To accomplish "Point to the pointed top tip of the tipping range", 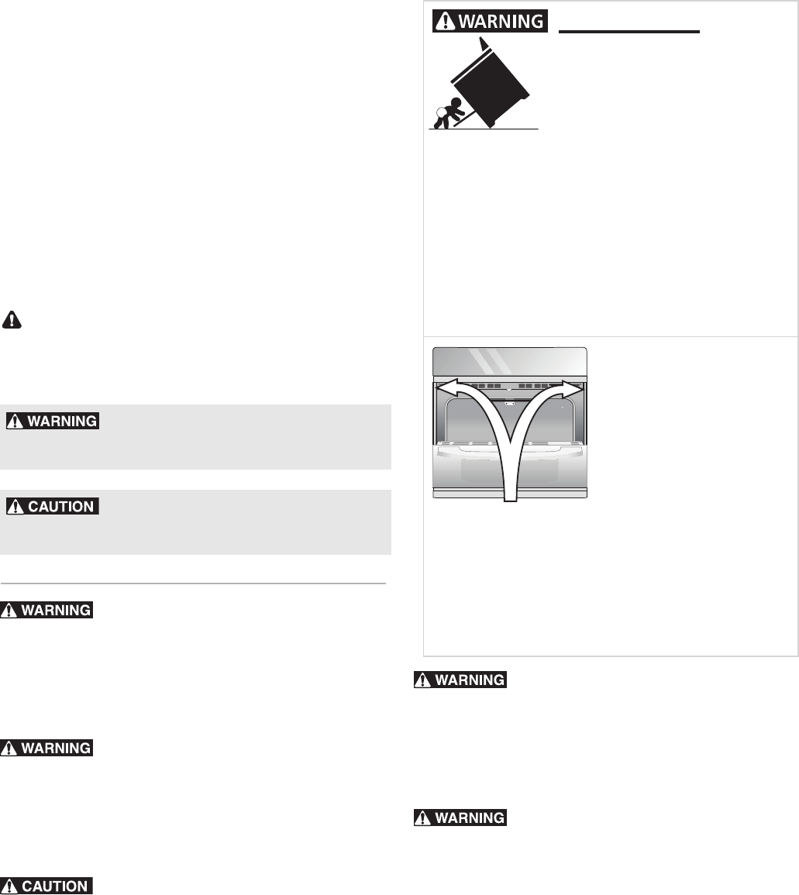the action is coord(484,45).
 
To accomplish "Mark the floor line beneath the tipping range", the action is coord(484,128).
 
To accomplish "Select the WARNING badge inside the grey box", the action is coord(53,421).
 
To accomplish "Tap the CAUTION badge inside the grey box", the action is coord(53,507).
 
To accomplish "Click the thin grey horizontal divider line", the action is coord(194,583).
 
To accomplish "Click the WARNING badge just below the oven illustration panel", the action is coord(460,680).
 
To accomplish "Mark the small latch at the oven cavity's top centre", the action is coord(509,404).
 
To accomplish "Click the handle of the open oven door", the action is coord(509,446).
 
